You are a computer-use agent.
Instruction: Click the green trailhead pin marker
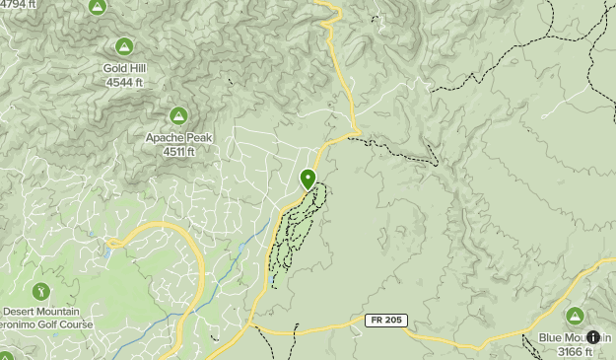click(308, 180)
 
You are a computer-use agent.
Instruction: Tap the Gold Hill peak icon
click(124, 46)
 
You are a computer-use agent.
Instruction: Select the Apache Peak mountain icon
click(178, 116)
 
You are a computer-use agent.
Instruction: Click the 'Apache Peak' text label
click(178, 138)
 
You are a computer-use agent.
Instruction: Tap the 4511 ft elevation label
click(178, 152)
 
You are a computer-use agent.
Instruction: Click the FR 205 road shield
click(384, 321)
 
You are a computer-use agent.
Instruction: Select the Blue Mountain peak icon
click(575, 316)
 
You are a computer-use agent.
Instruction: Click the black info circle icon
click(593, 337)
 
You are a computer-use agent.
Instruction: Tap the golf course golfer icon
click(40, 291)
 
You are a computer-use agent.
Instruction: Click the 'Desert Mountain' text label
click(40, 312)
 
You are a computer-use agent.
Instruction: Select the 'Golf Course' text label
click(62, 324)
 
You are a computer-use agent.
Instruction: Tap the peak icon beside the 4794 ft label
click(97, 7)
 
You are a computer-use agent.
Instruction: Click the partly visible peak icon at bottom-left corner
click(5, 356)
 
